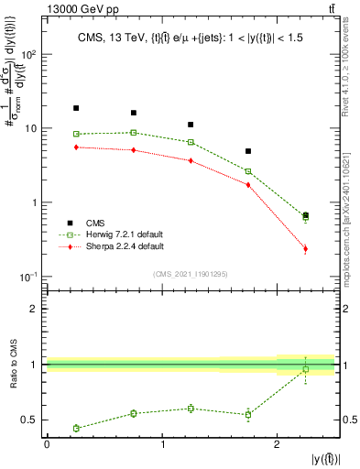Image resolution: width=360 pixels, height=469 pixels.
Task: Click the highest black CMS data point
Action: pyautogui.click(x=76, y=108)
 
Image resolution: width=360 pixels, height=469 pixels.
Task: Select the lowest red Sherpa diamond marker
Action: pyautogui.click(x=305, y=248)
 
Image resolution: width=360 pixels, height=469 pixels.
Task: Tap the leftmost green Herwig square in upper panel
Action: pyautogui.click(x=76, y=135)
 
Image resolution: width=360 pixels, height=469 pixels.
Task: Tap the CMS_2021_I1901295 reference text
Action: pyautogui.click(x=191, y=274)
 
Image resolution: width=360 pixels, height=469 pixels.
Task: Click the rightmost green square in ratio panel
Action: pyautogui.click(x=305, y=369)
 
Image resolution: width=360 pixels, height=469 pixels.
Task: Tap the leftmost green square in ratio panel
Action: pyautogui.click(x=76, y=428)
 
